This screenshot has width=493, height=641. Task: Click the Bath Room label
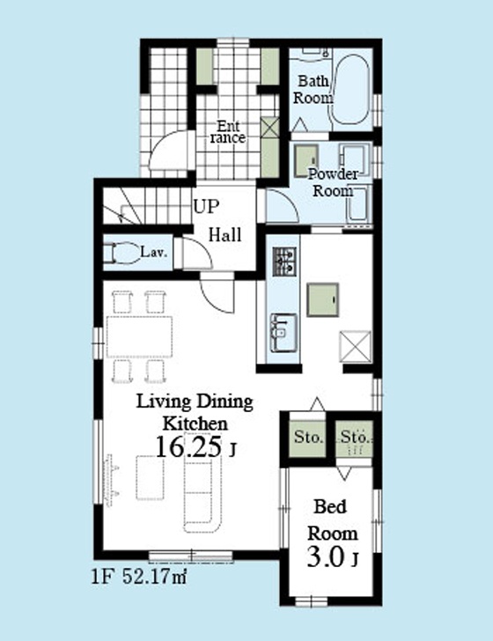313,90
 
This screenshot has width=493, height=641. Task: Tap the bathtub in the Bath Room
350,90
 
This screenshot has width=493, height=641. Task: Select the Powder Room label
333,182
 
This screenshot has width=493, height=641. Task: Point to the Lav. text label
154,252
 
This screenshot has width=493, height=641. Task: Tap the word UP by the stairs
206,207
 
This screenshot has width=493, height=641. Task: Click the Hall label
224,235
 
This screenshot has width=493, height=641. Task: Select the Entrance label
228,132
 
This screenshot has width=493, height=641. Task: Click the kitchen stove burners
284,261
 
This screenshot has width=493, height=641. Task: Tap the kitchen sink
283,332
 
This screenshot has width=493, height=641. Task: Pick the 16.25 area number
188,446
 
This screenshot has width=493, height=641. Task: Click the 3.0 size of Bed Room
326,556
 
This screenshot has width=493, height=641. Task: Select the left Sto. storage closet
308,438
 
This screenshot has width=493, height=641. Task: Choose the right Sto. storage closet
354,438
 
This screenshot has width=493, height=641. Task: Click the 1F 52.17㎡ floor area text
138,578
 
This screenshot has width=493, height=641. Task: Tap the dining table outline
139,336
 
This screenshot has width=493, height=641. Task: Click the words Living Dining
195,402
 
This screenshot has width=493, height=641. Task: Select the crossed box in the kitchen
356,347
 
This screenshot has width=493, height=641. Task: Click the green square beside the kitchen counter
323,299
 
